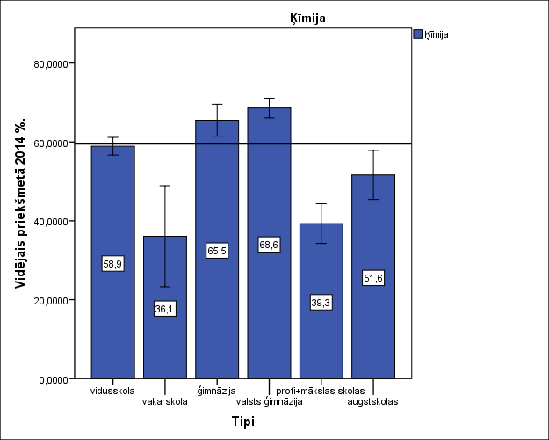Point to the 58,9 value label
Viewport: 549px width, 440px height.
[112, 264]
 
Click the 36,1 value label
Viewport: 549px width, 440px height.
[164, 309]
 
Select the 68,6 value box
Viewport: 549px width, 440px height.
[269, 246]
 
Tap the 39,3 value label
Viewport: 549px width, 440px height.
[321, 303]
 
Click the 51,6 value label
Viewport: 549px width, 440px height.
[373, 278]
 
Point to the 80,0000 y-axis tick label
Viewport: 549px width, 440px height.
[49, 64]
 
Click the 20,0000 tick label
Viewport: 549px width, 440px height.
[49, 300]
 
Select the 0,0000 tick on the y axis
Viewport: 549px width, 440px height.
[52, 379]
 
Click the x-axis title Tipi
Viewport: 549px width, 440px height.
[243, 422]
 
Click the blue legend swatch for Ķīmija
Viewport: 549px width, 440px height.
[418, 34]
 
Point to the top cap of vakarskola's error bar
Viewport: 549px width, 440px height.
[164, 186]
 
